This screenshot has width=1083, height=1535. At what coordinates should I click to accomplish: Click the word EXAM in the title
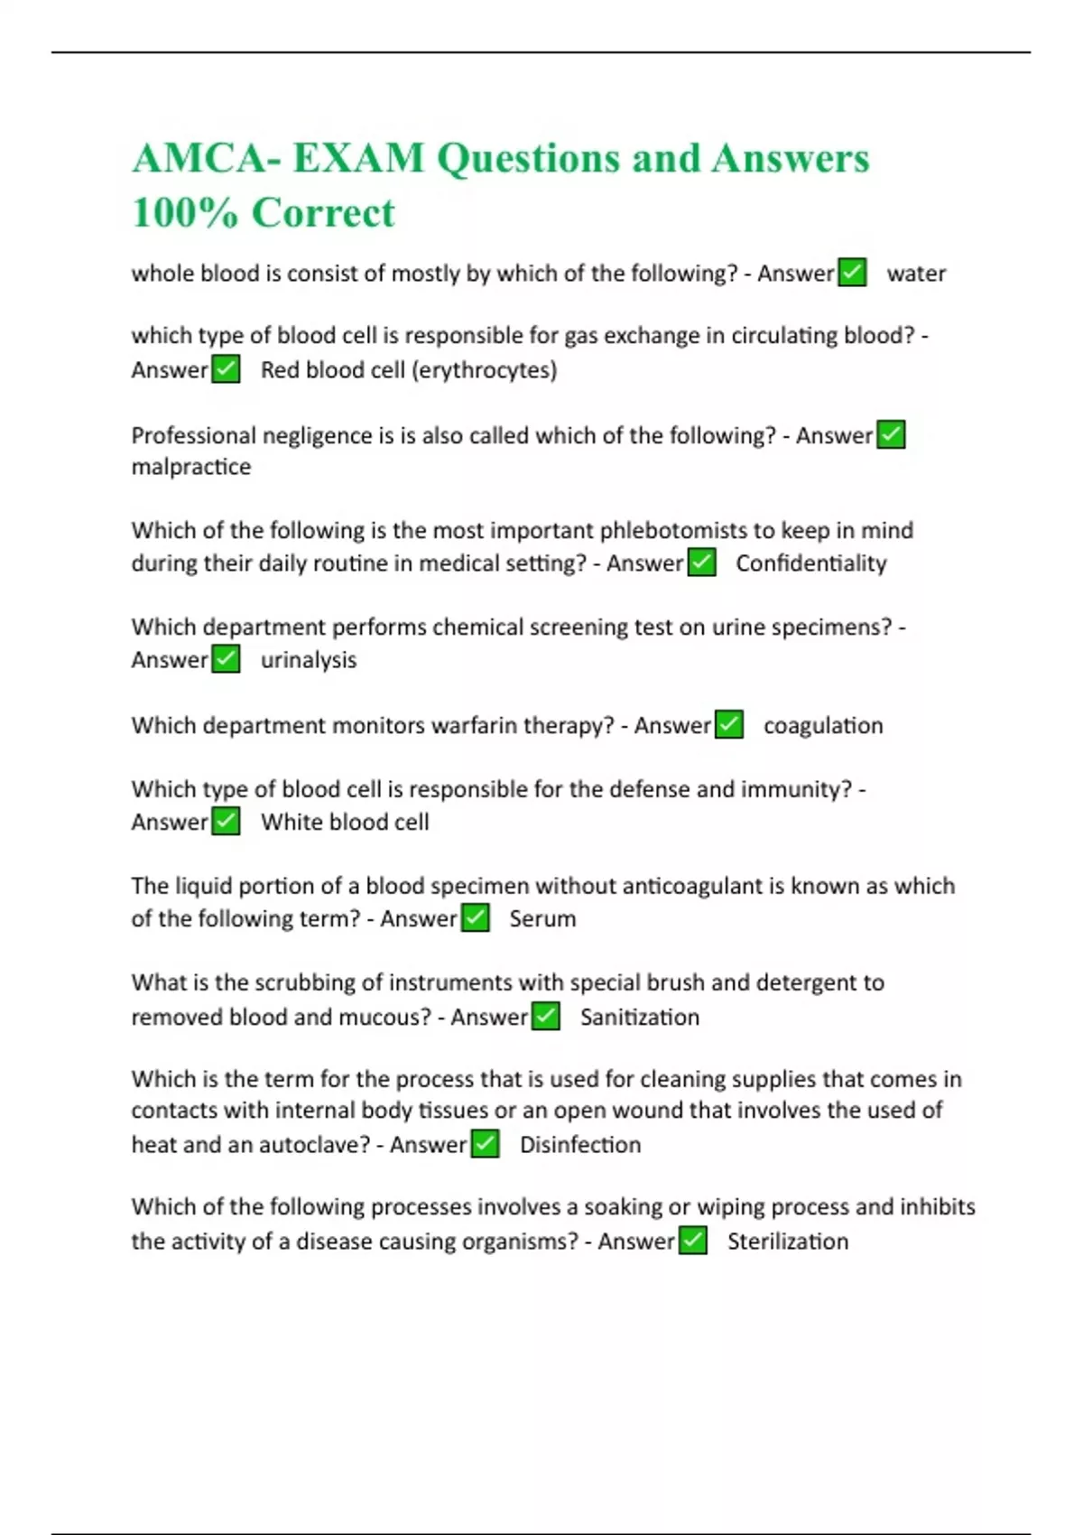(358, 159)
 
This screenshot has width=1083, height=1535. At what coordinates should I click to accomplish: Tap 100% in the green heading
(185, 213)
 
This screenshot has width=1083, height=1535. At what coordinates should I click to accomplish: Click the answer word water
(916, 274)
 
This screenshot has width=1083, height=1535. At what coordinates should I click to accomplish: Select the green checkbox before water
(853, 273)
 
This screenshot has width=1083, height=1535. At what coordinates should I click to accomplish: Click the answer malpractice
(191, 467)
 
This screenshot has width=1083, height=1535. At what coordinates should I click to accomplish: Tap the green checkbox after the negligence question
(891, 435)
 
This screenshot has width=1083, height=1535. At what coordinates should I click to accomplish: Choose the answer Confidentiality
(810, 563)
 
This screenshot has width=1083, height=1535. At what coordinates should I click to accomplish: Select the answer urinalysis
(309, 660)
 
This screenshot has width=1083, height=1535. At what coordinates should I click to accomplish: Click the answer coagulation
(823, 726)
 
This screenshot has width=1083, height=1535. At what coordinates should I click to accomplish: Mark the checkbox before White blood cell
(226, 822)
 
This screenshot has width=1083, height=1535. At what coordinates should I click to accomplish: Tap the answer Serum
(542, 919)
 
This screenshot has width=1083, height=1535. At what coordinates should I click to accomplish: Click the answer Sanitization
(639, 1018)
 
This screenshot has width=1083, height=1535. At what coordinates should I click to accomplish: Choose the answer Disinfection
(580, 1145)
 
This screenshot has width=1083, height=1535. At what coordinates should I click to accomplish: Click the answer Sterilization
(787, 1242)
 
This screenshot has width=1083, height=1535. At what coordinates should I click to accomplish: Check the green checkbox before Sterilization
(693, 1242)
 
